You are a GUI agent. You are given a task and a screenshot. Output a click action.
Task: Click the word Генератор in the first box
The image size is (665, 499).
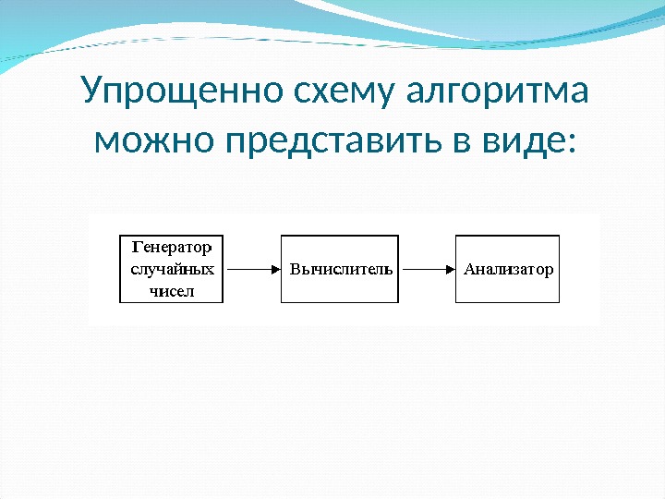[x=173, y=248]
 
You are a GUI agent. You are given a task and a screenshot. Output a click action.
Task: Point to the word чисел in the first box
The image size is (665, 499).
[x=173, y=292]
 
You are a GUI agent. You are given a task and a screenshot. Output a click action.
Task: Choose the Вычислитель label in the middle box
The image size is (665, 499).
[x=341, y=270]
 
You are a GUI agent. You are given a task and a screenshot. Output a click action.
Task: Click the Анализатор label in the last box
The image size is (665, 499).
[x=508, y=270]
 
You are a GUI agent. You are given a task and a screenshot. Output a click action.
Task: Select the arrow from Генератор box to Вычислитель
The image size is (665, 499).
[x=252, y=270]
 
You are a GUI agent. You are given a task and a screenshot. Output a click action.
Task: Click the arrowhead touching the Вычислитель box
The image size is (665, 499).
[x=275, y=270]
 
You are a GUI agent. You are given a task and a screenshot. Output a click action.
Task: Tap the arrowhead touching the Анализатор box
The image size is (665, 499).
[x=453, y=270]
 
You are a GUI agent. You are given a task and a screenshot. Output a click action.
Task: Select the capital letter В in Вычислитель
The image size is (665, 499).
[x=296, y=270]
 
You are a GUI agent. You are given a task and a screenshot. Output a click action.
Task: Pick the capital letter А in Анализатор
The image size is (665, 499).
[x=468, y=270]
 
